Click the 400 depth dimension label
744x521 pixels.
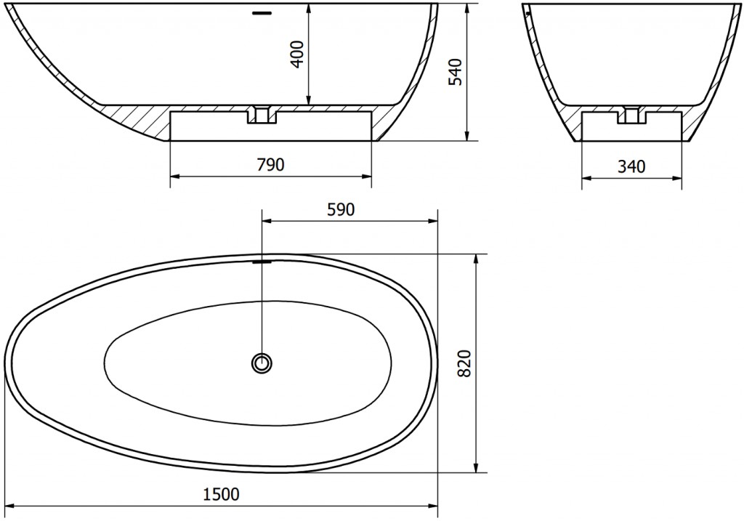point(297,54)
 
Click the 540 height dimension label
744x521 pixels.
point(456,72)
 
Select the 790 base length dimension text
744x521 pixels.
point(270,165)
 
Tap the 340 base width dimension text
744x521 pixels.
point(631,166)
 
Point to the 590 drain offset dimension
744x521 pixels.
point(340,210)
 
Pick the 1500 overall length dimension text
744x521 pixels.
point(221,495)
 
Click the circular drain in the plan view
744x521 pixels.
point(261,362)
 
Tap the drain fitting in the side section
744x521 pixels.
point(261,114)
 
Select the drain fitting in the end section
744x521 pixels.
point(631,114)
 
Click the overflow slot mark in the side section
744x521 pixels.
point(261,12)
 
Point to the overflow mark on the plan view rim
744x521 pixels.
point(262,262)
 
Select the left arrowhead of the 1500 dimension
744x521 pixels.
point(10,506)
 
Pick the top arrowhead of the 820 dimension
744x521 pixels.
point(476,259)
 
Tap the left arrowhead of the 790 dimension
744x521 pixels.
point(174,175)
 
